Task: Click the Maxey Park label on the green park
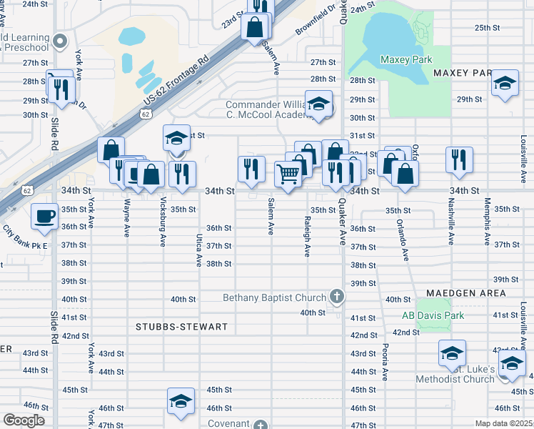pyautogui.click(x=403, y=59)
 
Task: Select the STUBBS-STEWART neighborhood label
pyautogui.click(x=181, y=327)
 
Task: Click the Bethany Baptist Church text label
pyautogui.click(x=274, y=297)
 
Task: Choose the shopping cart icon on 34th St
pyautogui.click(x=287, y=174)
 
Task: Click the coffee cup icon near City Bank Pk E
pyautogui.click(x=46, y=216)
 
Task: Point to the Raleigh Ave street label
pyautogui.click(x=307, y=237)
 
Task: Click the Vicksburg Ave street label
pyautogui.click(x=163, y=222)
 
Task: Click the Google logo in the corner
pyautogui.click(x=24, y=420)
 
